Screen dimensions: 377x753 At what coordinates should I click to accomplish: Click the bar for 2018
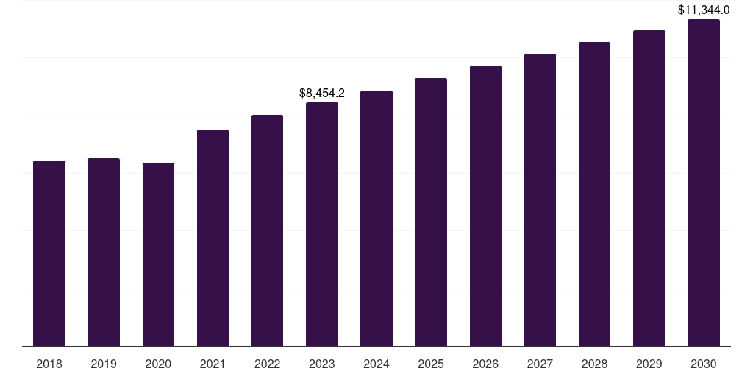click(x=49, y=253)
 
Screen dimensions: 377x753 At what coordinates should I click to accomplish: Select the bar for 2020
click(x=158, y=254)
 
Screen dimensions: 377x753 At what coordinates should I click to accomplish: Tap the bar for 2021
click(x=213, y=238)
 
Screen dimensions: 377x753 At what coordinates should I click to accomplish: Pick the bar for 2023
click(x=322, y=224)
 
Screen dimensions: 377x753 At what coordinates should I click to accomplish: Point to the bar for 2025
click(x=431, y=212)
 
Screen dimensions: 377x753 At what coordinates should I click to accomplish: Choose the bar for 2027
click(x=540, y=200)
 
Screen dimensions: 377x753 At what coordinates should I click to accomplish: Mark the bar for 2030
click(x=704, y=183)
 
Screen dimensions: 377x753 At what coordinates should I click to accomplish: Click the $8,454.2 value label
click(x=322, y=94)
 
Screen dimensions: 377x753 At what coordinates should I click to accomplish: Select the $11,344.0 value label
click(x=704, y=10)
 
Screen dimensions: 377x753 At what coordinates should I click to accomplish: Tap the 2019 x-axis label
click(x=104, y=364)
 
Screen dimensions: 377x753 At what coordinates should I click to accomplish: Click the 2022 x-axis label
click(x=268, y=364)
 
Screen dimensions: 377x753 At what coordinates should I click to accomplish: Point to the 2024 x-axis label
click(x=376, y=364)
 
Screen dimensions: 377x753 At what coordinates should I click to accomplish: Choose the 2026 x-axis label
click(x=485, y=364)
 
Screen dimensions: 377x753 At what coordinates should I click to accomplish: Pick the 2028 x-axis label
click(x=594, y=364)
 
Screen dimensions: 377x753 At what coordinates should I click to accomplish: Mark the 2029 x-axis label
click(x=649, y=364)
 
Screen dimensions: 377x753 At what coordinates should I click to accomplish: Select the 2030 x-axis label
click(x=704, y=364)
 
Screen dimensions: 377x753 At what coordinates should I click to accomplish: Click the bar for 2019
click(x=104, y=252)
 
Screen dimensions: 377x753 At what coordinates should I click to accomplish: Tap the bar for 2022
click(x=268, y=230)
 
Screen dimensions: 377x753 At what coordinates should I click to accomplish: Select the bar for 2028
click(x=594, y=194)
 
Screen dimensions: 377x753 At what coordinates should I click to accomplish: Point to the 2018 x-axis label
click(x=49, y=364)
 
